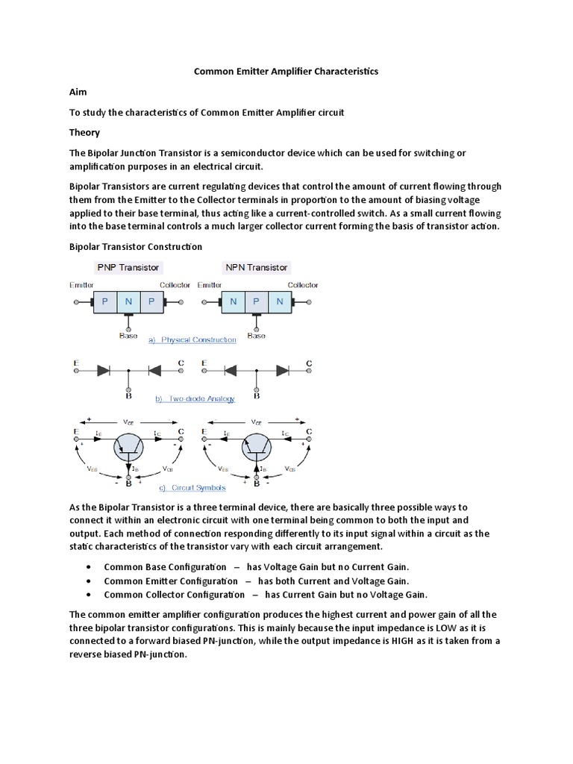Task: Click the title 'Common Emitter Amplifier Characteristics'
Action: point(286,72)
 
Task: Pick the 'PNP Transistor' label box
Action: point(128,267)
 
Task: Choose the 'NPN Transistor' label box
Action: point(256,267)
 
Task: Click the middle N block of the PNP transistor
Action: point(128,302)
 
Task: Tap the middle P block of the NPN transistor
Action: point(256,302)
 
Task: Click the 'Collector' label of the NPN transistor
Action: point(303,285)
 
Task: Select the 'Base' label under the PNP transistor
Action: point(128,336)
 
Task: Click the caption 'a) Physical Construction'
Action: point(193,340)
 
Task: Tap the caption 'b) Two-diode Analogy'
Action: point(195,398)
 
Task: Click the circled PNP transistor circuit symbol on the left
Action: point(129,448)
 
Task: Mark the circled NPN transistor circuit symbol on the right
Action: point(256,448)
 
